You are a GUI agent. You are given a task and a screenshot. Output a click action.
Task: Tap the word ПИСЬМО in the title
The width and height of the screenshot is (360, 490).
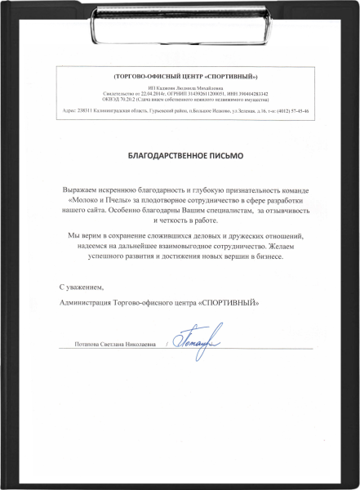[226, 154]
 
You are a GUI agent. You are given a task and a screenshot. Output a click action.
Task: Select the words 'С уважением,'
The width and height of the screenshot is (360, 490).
[82, 288]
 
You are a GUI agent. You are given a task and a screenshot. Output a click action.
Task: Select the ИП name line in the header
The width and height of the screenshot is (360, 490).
[180, 87]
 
